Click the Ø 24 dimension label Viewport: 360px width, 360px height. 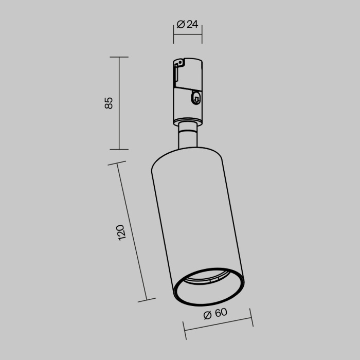tap(188, 24)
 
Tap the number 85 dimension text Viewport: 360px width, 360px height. tap(109, 102)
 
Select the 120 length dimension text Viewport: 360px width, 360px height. tap(121, 232)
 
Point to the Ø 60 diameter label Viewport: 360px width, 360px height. tap(215, 314)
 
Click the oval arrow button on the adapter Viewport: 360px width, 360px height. tap(196, 97)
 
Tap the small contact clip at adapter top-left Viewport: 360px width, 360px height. tap(179, 63)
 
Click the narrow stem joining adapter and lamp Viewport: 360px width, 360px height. tap(187, 137)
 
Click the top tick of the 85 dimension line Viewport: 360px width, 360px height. tap(119, 57)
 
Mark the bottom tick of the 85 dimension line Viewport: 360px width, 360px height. tap(119, 149)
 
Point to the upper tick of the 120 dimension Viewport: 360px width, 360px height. tap(117, 164)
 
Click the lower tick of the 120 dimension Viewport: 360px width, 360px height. tap(147, 299)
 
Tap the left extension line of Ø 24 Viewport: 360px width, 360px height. tap(173, 34)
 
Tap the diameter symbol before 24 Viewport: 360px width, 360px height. tap(181, 24)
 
